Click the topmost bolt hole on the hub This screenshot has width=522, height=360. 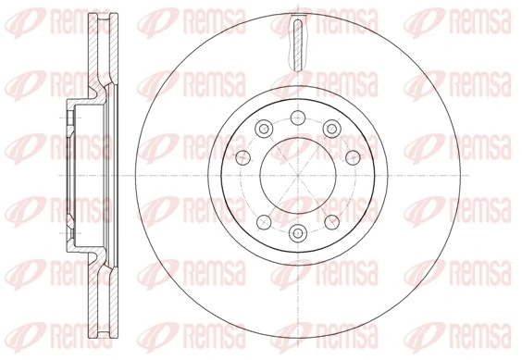(298, 117)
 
